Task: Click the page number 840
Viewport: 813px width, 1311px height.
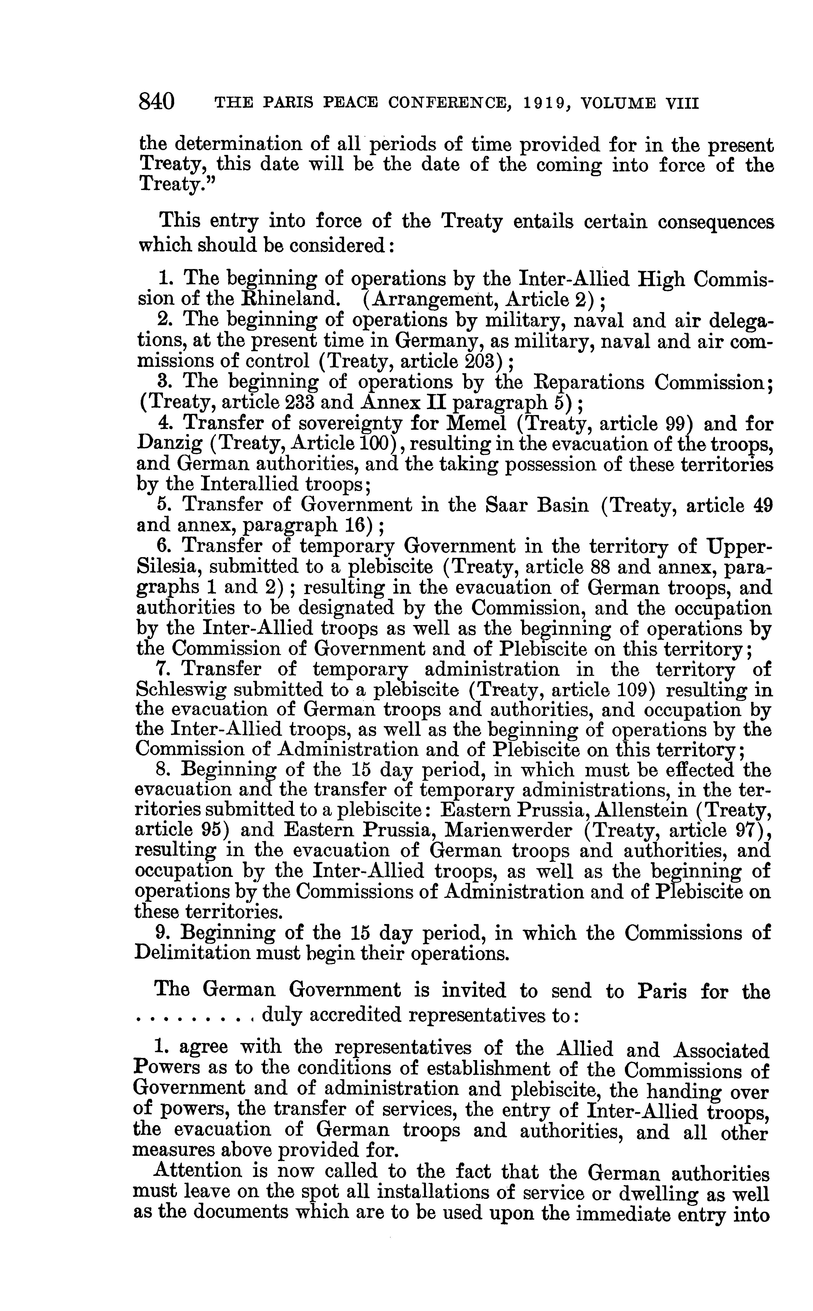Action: pos(156,101)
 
